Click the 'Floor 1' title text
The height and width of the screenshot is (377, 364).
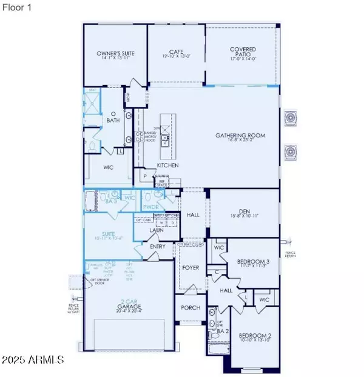point(19,8)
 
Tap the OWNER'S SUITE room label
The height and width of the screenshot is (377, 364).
point(115,55)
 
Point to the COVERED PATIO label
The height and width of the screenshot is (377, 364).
point(242,52)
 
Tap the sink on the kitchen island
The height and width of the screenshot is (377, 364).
point(164,142)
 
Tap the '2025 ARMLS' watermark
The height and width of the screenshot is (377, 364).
point(33,360)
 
